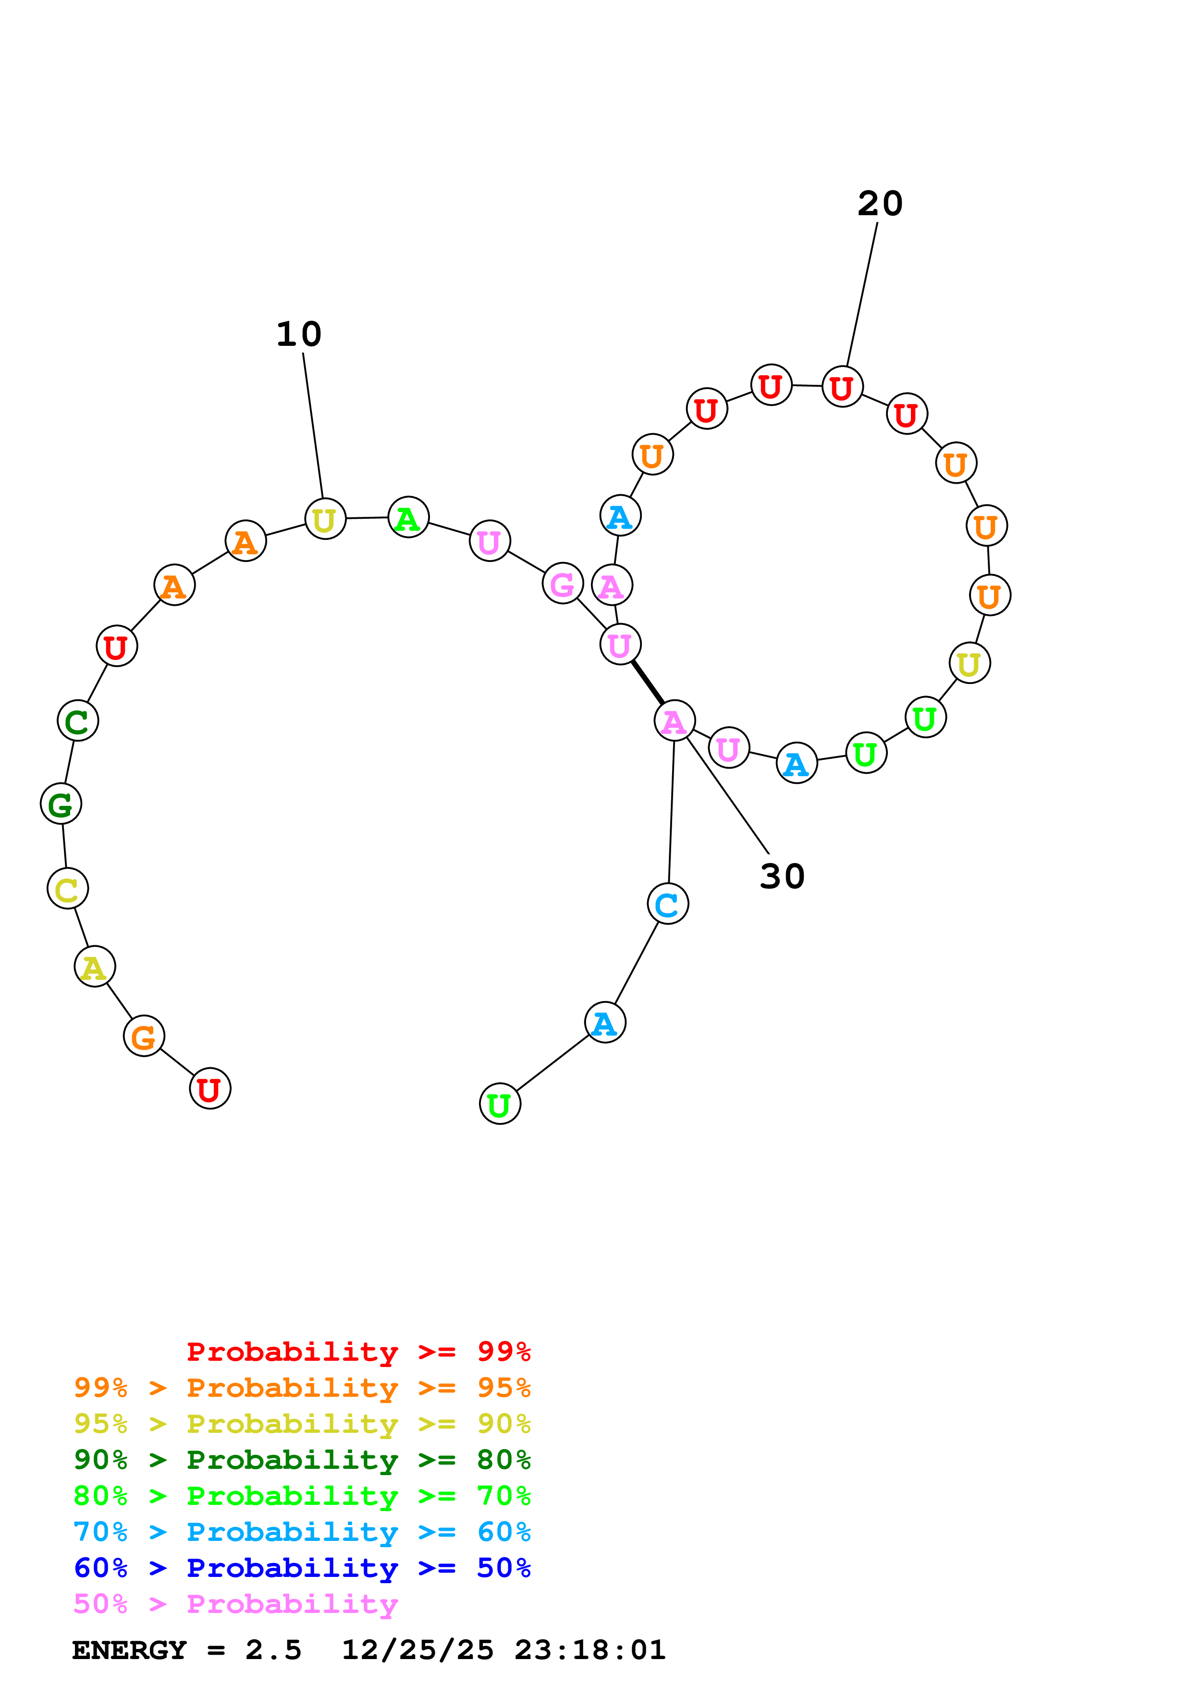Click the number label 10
tap(299, 335)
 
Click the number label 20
tap(879, 204)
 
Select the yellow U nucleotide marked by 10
tap(324, 519)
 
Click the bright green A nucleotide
tap(408, 517)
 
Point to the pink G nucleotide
tap(562, 584)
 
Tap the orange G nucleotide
tap(144, 1036)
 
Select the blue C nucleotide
tap(667, 904)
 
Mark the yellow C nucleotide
tap(68, 890)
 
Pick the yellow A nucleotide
tap(95, 967)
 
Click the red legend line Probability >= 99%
tap(358, 1352)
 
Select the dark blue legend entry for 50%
tap(302, 1568)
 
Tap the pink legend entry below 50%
tap(235, 1604)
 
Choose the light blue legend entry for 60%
tap(302, 1532)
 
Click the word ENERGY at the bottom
tap(129, 1650)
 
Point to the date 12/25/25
tap(417, 1650)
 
